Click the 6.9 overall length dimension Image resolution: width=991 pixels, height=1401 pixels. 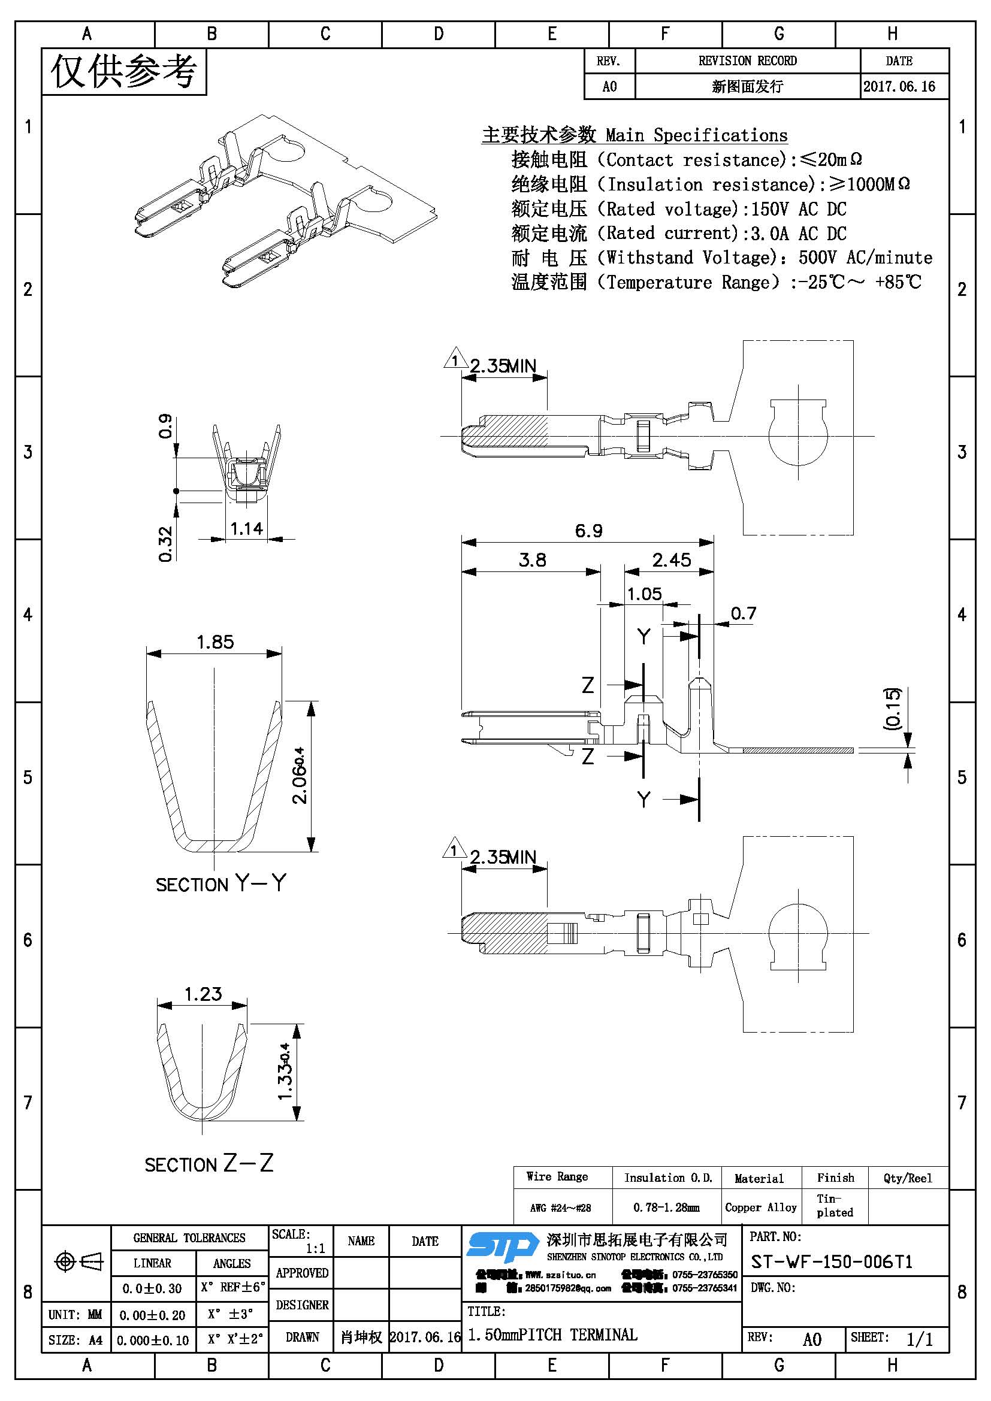click(x=588, y=531)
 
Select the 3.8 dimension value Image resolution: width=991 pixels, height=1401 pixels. click(x=532, y=560)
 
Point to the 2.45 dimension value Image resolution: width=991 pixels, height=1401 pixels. click(x=671, y=560)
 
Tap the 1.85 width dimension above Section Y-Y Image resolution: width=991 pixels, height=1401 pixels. click(x=215, y=642)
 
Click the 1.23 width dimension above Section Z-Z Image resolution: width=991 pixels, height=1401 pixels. click(x=203, y=994)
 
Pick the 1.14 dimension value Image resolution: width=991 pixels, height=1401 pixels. click(x=246, y=528)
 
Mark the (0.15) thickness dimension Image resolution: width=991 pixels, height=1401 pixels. click(x=892, y=709)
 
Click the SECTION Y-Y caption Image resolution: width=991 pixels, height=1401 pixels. click(x=220, y=883)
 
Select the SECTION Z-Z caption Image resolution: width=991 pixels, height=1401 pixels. click(x=209, y=1164)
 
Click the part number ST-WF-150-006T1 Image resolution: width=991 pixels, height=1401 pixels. click(x=831, y=1262)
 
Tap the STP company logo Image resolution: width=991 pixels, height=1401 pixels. click(x=502, y=1246)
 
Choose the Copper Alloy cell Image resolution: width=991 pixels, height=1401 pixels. click(x=760, y=1208)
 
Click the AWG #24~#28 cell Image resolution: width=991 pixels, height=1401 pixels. click(x=560, y=1208)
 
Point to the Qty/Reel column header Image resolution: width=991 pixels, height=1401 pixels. click(x=907, y=1178)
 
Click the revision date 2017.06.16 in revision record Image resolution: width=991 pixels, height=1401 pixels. click(x=899, y=87)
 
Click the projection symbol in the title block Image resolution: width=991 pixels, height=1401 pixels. click(x=78, y=1261)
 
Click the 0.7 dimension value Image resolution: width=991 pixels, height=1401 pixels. click(x=742, y=613)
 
